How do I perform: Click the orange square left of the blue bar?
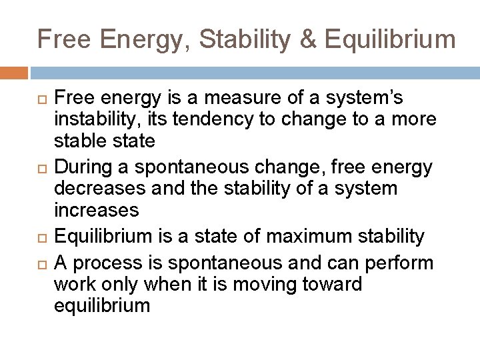point(14,72)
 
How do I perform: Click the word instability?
point(89,120)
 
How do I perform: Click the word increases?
point(97,210)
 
